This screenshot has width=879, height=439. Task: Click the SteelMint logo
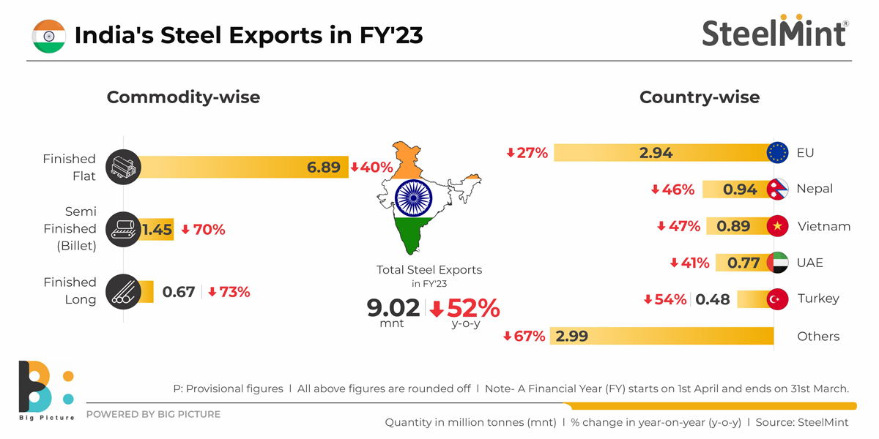pyautogui.click(x=775, y=33)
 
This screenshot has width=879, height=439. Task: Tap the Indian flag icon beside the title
pyautogui.click(x=49, y=36)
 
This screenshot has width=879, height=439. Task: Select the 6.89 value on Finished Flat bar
pyautogui.click(x=323, y=168)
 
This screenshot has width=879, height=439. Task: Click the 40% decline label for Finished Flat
pyautogui.click(x=371, y=168)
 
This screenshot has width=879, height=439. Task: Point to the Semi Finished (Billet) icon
pyautogui.click(x=122, y=229)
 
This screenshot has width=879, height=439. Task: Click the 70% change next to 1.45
pyautogui.click(x=203, y=230)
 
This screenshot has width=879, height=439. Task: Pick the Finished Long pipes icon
pyautogui.click(x=122, y=291)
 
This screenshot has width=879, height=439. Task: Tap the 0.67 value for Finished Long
pyautogui.click(x=179, y=292)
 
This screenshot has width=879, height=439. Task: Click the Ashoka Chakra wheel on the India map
pyautogui.click(x=412, y=198)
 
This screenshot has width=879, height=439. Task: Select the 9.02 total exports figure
pyautogui.click(x=393, y=308)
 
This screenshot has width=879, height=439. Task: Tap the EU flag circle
pyautogui.click(x=777, y=153)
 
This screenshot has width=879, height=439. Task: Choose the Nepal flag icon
pyautogui.click(x=778, y=189)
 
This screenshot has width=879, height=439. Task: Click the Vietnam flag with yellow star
pyautogui.click(x=777, y=226)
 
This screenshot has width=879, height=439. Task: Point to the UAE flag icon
pyautogui.click(x=777, y=263)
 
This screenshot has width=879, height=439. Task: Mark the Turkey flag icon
pyautogui.click(x=777, y=299)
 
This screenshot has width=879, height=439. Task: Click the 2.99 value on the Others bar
pyautogui.click(x=572, y=337)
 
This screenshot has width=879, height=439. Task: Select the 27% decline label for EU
pyautogui.click(x=527, y=153)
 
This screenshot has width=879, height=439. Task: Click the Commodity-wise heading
pyautogui.click(x=183, y=97)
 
